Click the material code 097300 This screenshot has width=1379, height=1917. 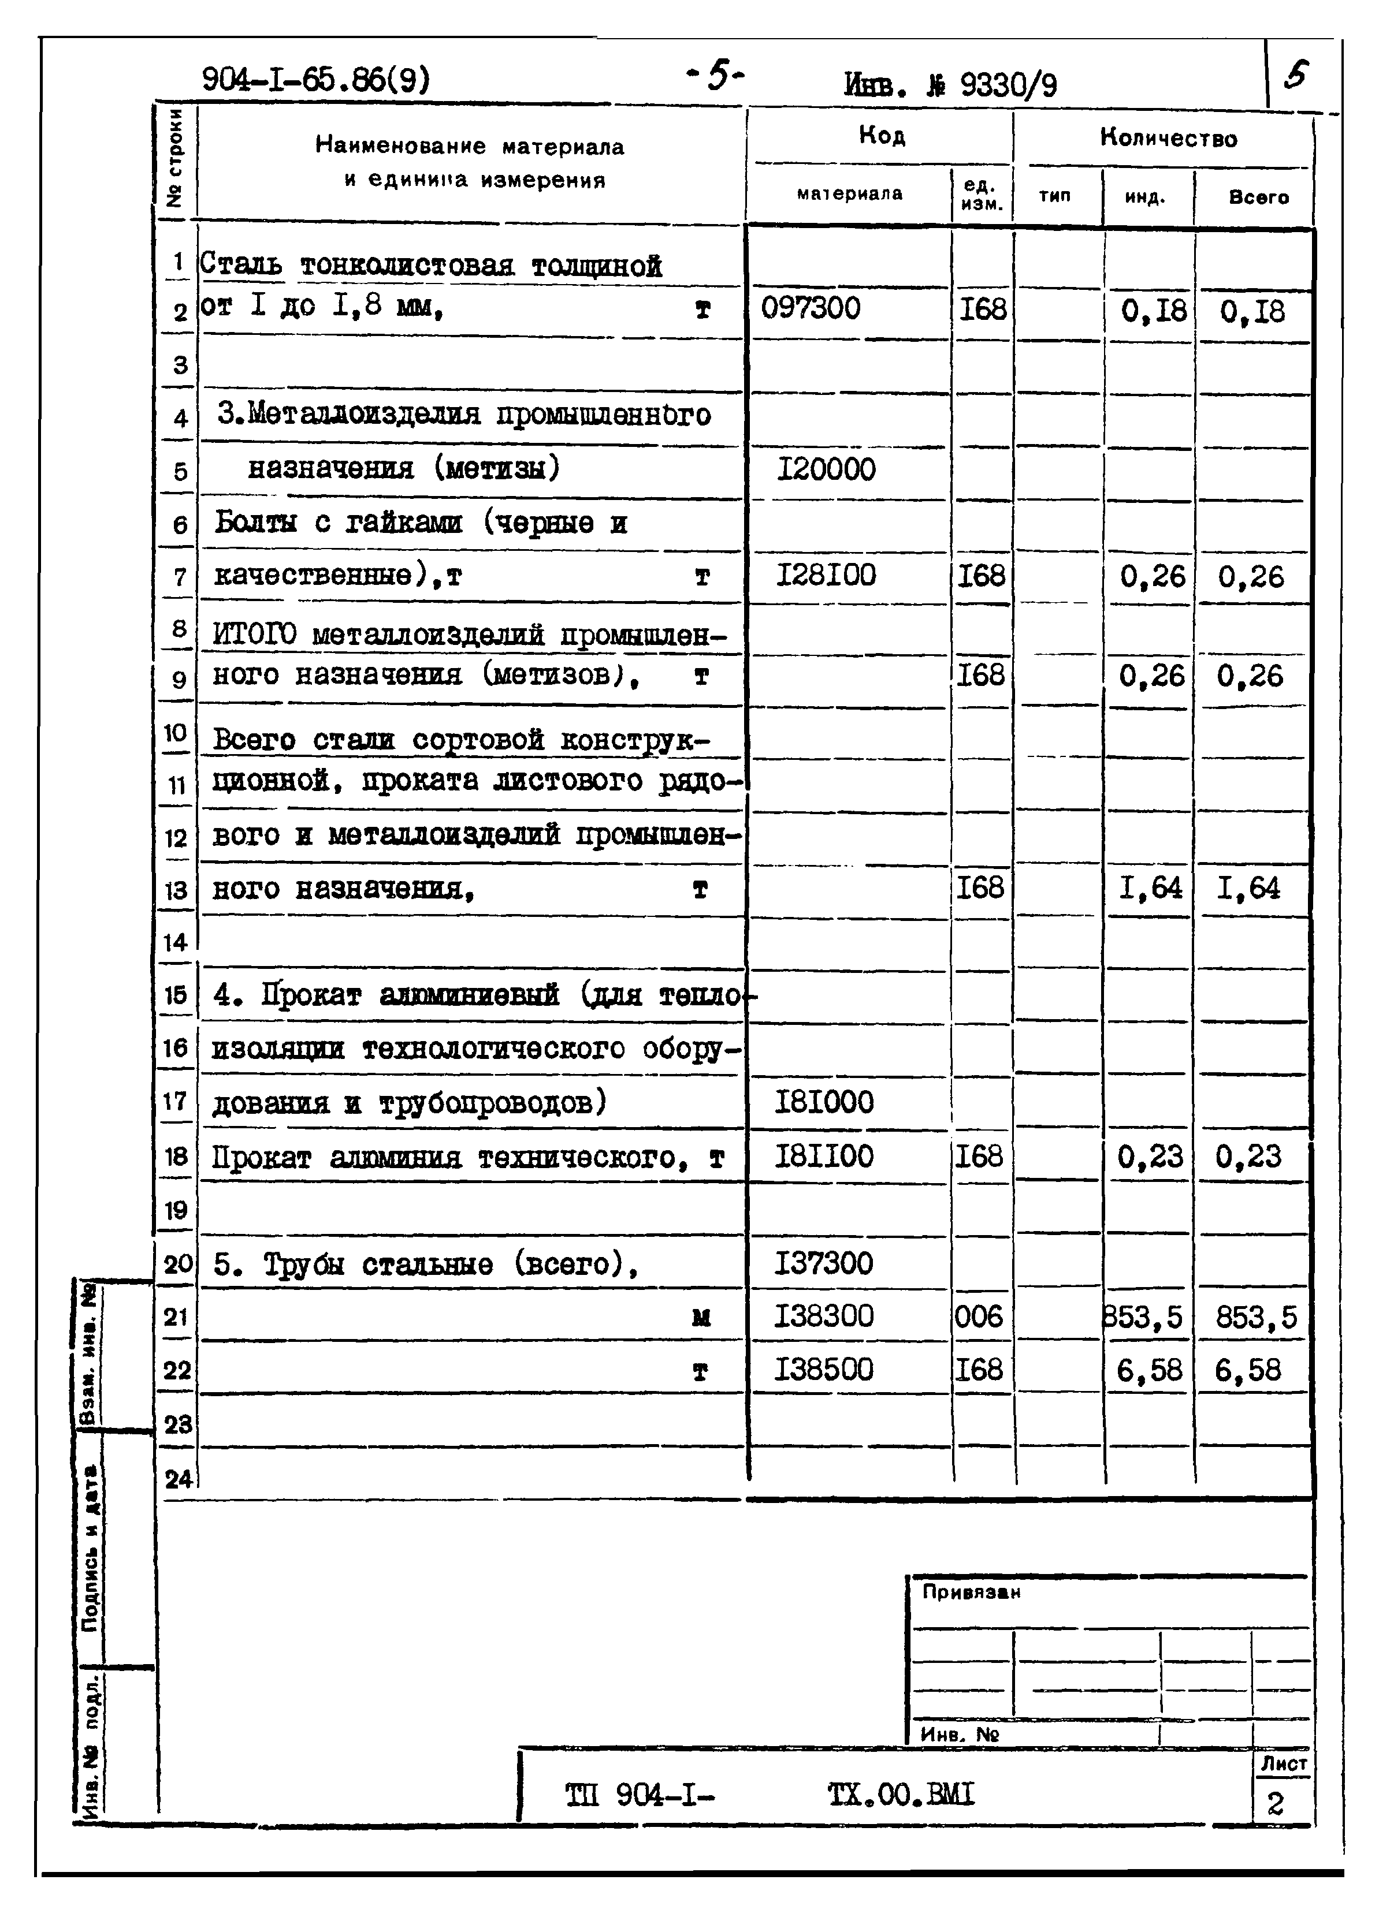pyautogui.click(x=810, y=308)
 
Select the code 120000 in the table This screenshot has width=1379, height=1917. pyautogui.click(x=826, y=469)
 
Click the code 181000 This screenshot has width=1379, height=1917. pyautogui.click(x=823, y=1102)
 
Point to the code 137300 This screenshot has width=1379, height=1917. pyautogui.click(x=823, y=1263)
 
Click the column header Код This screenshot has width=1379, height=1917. pyautogui.click(x=881, y=135)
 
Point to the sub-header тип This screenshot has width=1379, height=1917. pyautogui.click(x=1054, y=196)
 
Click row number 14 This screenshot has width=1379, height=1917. pyautogui.click(x=175, y=942)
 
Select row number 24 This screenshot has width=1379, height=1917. pyautogui.click(x=177, y=1479)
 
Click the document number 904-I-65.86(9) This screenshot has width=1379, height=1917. pyautogui.click(x=315, y=80)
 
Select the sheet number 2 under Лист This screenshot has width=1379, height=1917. pyautogui.click(x=1275, y=1804)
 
